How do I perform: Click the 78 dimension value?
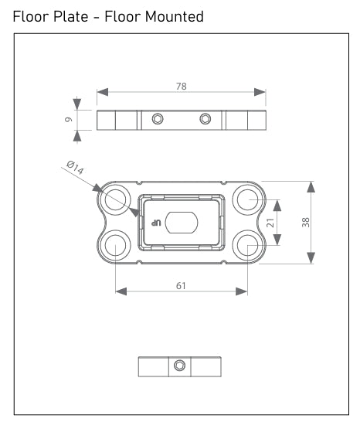point(182,86)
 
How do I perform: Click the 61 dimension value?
point(181,285)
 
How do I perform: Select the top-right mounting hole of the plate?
point(247,199)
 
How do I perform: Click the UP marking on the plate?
point(154,223)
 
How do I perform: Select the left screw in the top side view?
point(158,119)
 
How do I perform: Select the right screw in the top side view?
point(205,119)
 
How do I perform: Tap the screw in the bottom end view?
point(180,366)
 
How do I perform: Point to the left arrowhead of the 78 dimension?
point(101,92)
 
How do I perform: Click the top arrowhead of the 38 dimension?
point(311,186)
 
